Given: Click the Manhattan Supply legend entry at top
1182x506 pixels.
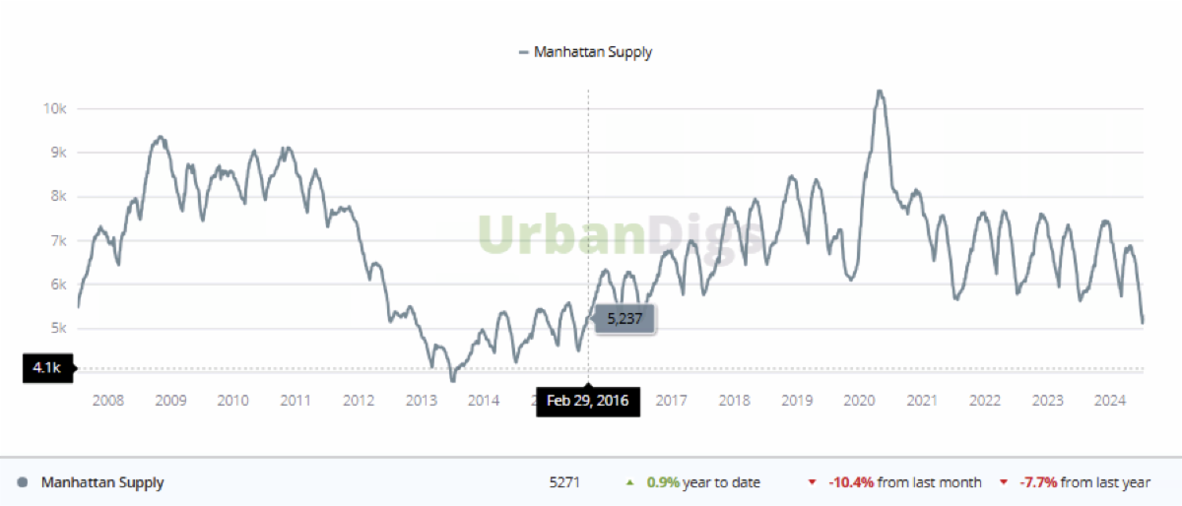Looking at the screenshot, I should [x=585, y=52].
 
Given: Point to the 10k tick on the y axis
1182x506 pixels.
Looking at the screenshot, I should [x=54, y=108].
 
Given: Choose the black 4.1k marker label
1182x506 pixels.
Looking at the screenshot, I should [x=45, y=369].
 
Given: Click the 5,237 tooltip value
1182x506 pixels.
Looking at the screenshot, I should [x=624, y=319].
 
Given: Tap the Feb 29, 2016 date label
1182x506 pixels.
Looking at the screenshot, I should [x=588, y=401].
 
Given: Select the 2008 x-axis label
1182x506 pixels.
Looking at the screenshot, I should [x=106, y=401].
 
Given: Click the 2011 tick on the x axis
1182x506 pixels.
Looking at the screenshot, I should [x=295, y=401].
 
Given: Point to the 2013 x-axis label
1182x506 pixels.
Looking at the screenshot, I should [x=421, y=401].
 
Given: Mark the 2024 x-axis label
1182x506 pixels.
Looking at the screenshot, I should [x=1110, y=401].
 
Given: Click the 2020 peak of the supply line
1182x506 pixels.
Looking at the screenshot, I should [x=880, y=92].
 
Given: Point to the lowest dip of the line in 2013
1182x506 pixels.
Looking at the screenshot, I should [x=453, y=379].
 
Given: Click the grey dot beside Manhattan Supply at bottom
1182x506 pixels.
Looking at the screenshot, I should [x=23, y=482].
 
